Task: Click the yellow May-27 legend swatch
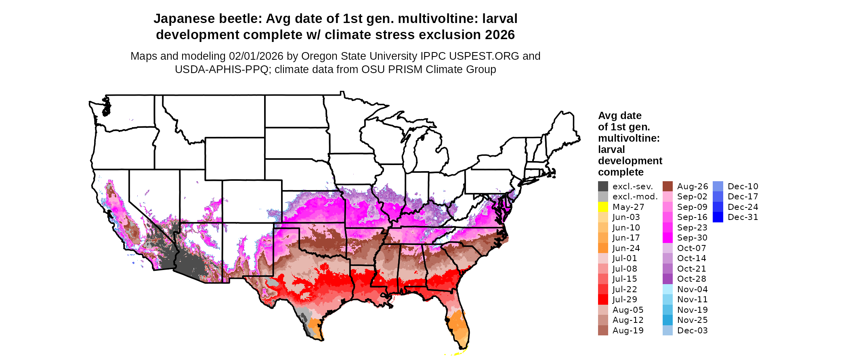[x=603, y=207]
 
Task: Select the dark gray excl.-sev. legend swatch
[x=603, y=186]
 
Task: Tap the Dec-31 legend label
[x=743, y=217]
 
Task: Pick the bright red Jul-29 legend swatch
[x=603, y=299]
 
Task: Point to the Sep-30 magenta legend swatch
[x=667, y=238]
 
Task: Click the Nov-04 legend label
[x=692, y=289]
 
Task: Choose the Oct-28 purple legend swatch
[x=667, y=279]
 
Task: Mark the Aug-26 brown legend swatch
[x=667, y=186]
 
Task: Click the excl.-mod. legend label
[x=635, y=197]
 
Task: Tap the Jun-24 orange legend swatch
[x=603, y=248]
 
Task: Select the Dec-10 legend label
[x=743, y=186]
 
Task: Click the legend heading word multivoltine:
[x=629, y=138]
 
